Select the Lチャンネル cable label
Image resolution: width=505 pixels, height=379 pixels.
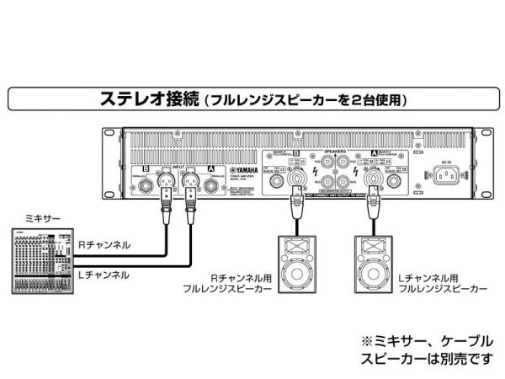pyautogui.click(x=104, y=275)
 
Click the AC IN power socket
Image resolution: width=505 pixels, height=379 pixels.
pyautogui.click(x=447, y=175)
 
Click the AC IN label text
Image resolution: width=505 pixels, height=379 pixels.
pyautogui.click(x=447, y=159)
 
